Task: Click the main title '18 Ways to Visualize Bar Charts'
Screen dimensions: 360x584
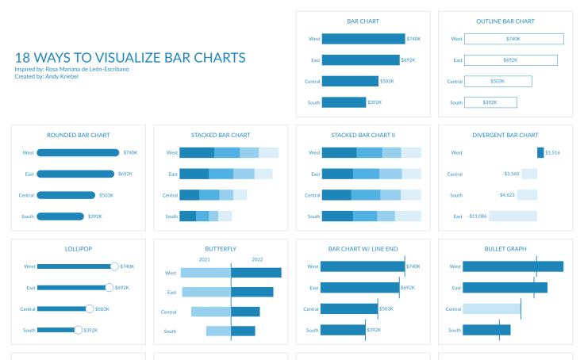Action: coord(130,58)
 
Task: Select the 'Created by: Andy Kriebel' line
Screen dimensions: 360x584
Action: coord(46,76)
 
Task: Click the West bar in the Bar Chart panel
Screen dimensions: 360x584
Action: coord(363,39)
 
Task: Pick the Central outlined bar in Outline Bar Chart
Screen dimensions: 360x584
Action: coord(498,81)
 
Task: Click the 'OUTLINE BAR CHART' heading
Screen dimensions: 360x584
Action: coord(505,21)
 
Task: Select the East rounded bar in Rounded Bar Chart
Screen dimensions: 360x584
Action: coord(75,174)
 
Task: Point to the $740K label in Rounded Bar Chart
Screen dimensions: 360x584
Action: coord(130,153)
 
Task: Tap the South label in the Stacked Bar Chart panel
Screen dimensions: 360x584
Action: coord(171,216)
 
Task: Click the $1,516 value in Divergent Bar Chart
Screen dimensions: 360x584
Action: coord(553,153)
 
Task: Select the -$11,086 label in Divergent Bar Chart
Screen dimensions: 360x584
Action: coord(478,216)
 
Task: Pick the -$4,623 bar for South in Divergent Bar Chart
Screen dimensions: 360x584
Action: coord(528,195)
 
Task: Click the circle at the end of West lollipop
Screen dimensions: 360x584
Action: coord(114,266)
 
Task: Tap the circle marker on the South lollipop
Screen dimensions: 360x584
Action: coord(78,330)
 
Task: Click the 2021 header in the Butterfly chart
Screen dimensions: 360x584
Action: coord(204,259)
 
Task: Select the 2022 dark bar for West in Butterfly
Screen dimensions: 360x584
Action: coord(256,273)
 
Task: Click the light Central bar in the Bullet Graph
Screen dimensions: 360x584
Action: coord(491,309)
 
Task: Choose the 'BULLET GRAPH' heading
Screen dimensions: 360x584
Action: coord(505,249)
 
